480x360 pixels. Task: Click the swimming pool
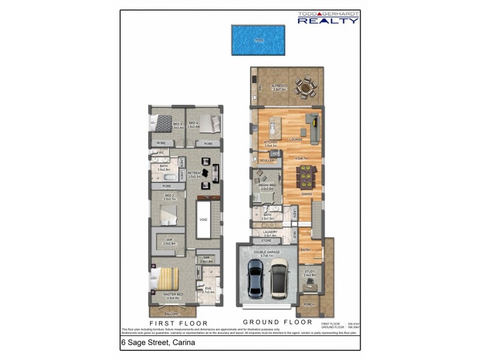(x=258, y=40)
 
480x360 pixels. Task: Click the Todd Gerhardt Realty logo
(x=329, y=17)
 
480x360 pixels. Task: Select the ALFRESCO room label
(x=280, y=86)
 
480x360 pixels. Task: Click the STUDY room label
(x=310, y=272)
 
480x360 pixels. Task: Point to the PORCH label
(x=309, y=304)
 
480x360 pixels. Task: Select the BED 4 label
(x=193, y=124)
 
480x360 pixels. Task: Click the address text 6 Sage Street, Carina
(x=158, y=343)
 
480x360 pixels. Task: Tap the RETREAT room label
(x=194, y=174)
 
